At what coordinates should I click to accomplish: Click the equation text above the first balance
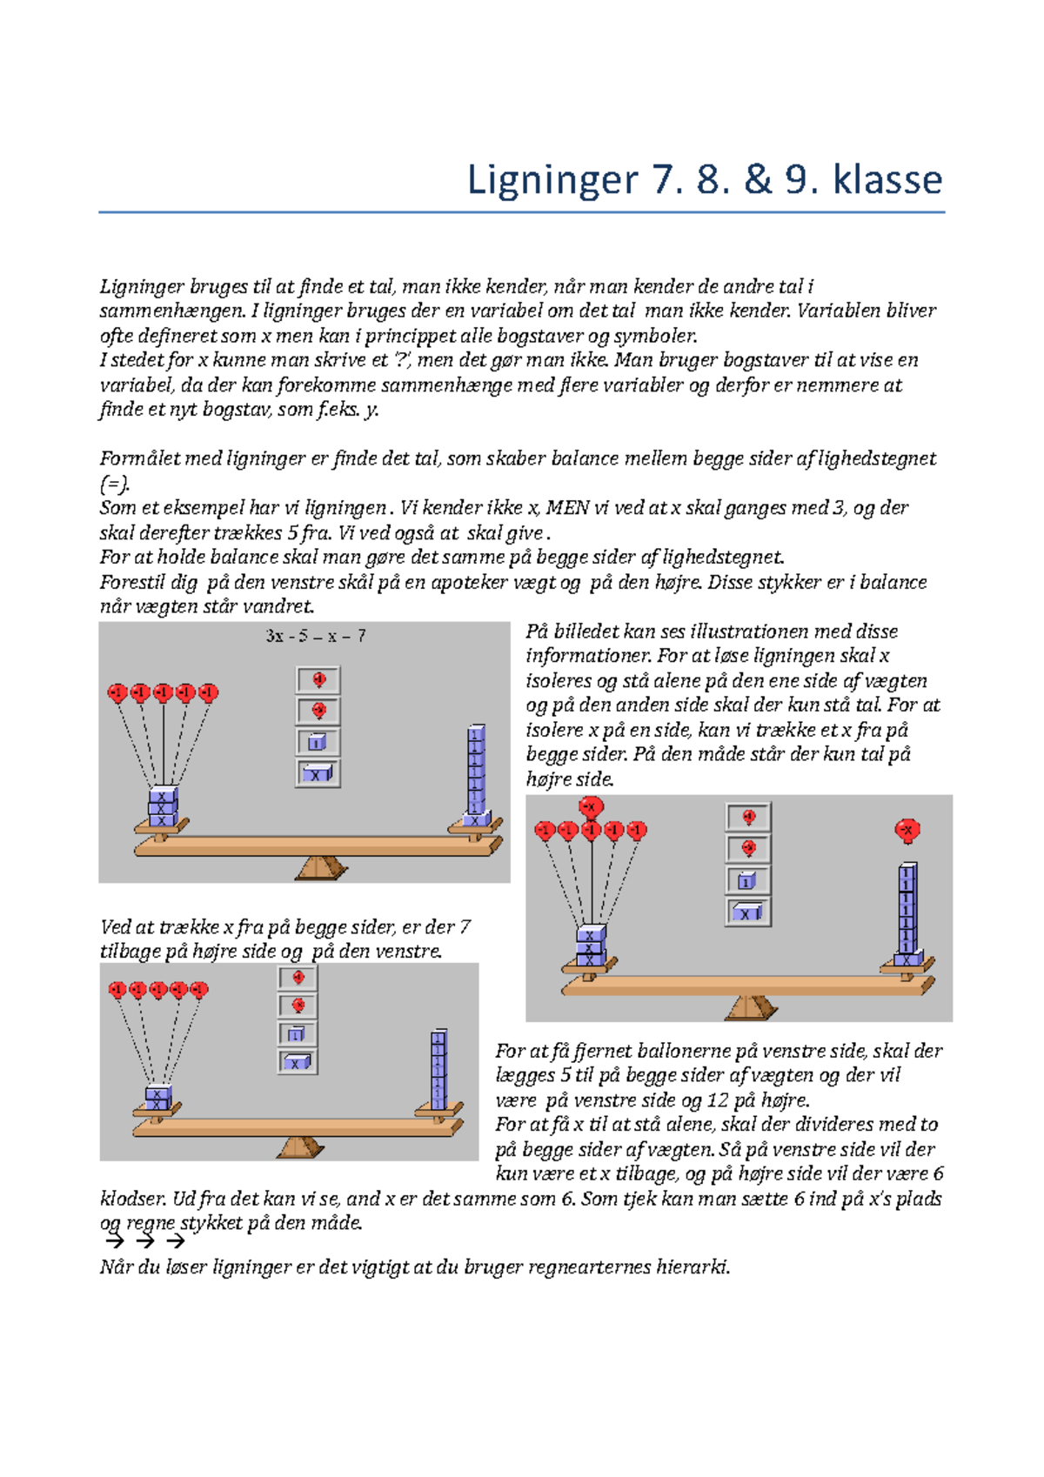(x=316, y=636)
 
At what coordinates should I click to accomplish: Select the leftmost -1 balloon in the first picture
(x=117, y=692)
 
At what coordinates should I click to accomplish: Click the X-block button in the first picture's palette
(x=318, y=773)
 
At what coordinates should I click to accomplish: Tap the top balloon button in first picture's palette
(x=318, y=679)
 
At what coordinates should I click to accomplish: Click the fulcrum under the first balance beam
(x=321, y=867)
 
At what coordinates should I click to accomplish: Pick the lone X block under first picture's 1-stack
(x=475, y=819)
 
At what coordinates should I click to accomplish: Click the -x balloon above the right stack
(x=907, y=830)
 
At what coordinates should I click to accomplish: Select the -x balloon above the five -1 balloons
(x=592, y=806)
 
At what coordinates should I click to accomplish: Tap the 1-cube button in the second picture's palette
(x=748, y=880)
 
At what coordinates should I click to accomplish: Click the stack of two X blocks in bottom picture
(x=157, y=1099)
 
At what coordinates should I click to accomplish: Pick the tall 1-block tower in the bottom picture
(x=438, y=1070)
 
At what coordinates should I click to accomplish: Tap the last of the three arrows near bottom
(x=175, y=1241)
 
